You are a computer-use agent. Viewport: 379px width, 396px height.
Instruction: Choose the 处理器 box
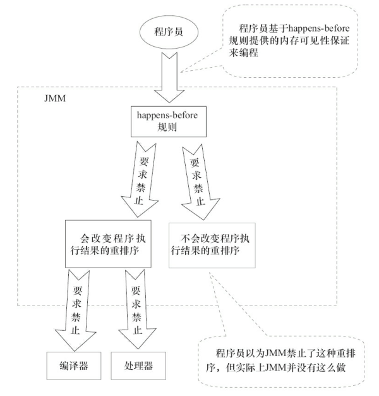(138, 366)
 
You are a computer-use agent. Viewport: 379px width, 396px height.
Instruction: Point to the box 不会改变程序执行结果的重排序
(210, 244)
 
